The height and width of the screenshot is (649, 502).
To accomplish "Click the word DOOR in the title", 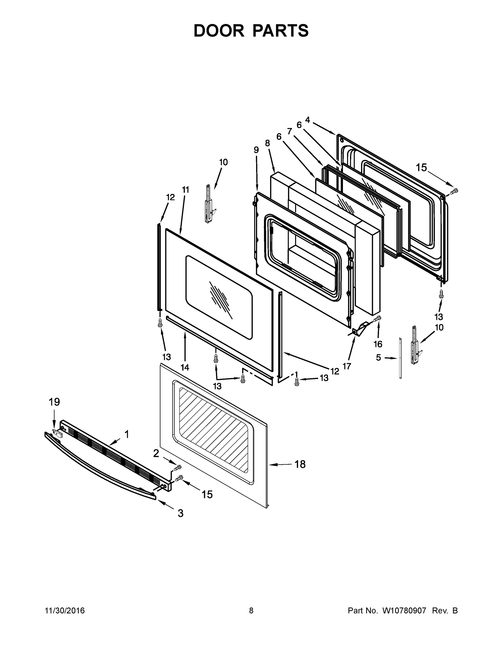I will point(219,31).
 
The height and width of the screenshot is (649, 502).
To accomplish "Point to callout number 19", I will point(54,402).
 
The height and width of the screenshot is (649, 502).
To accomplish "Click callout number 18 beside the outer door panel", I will point(300,464).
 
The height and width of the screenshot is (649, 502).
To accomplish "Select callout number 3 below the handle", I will point(181,513).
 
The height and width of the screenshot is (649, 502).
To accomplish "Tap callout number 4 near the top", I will point(307,120).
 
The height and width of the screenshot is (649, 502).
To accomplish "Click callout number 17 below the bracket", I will point(347,366).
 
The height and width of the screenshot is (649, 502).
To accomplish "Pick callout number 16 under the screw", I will point(378,344).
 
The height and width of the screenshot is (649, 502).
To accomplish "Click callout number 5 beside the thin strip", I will point(378,357).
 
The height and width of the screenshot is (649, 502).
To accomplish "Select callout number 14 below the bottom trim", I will point(185,367).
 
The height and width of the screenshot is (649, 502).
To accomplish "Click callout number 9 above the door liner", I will point(256,150).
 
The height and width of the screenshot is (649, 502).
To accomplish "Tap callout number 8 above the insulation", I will point(267,143).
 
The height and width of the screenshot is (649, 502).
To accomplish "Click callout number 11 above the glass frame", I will point(186,190).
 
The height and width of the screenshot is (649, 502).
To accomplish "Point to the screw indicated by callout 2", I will point(178,467).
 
